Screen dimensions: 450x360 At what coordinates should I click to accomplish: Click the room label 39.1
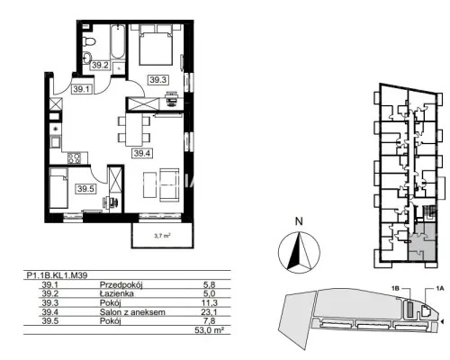click(81, 89)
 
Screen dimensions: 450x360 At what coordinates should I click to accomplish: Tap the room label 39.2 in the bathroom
click(100, 65)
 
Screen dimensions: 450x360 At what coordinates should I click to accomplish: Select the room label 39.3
click(158, 80)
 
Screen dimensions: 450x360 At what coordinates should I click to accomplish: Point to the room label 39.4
click(142, 153)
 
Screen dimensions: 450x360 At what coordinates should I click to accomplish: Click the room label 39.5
click(85, 189)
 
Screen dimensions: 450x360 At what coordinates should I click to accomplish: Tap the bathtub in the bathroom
click(118, 41)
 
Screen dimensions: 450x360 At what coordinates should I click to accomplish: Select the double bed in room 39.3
click(156, 45)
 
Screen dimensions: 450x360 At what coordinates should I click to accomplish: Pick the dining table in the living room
click(134, 130)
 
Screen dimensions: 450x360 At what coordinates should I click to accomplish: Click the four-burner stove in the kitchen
click(75, 158)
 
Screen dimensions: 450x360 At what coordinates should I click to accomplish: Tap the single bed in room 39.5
click(58, 188)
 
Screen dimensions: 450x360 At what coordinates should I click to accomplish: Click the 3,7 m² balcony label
click(162, 236)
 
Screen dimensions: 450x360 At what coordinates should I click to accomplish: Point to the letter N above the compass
click(299, 221)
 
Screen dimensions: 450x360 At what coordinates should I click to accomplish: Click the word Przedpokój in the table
click(121, 284)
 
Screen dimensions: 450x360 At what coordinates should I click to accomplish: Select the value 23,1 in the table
click(209, 312)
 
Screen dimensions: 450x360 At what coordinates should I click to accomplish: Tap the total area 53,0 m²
click(210, 330)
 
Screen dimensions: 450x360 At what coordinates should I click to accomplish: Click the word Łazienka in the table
click(117, 293)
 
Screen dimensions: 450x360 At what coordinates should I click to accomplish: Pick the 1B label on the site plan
click(395, 288)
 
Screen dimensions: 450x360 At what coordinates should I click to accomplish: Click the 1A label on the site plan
click(439, 289)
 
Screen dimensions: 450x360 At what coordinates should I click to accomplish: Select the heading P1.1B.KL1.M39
click(57, 275)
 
